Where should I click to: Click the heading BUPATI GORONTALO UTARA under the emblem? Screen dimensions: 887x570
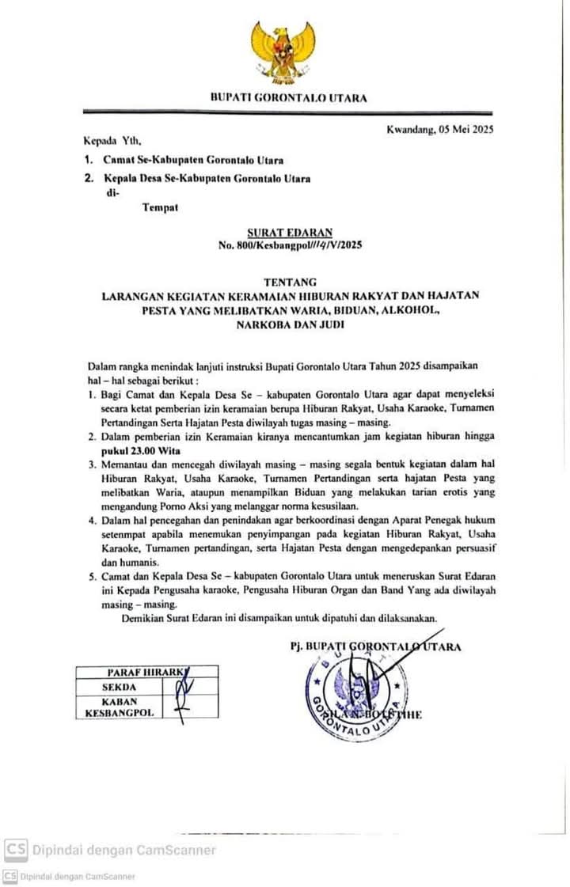(288, 98)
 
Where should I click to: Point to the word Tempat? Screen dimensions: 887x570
(160, 208)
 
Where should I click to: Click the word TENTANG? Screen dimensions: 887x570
(289, 282)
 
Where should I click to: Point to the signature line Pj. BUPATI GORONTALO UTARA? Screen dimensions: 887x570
(375, 646)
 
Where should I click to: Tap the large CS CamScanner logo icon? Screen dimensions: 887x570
(15, 850)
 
